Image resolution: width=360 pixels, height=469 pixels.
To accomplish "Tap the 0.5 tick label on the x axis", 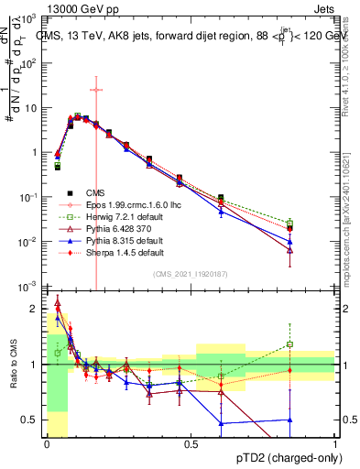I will (191, 444).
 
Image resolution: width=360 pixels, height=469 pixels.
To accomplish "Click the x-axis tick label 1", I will (334, 444).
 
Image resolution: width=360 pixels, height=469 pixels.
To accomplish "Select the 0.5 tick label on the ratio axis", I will (33, 420).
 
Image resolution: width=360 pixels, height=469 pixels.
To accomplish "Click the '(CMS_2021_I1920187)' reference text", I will (190, 274).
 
